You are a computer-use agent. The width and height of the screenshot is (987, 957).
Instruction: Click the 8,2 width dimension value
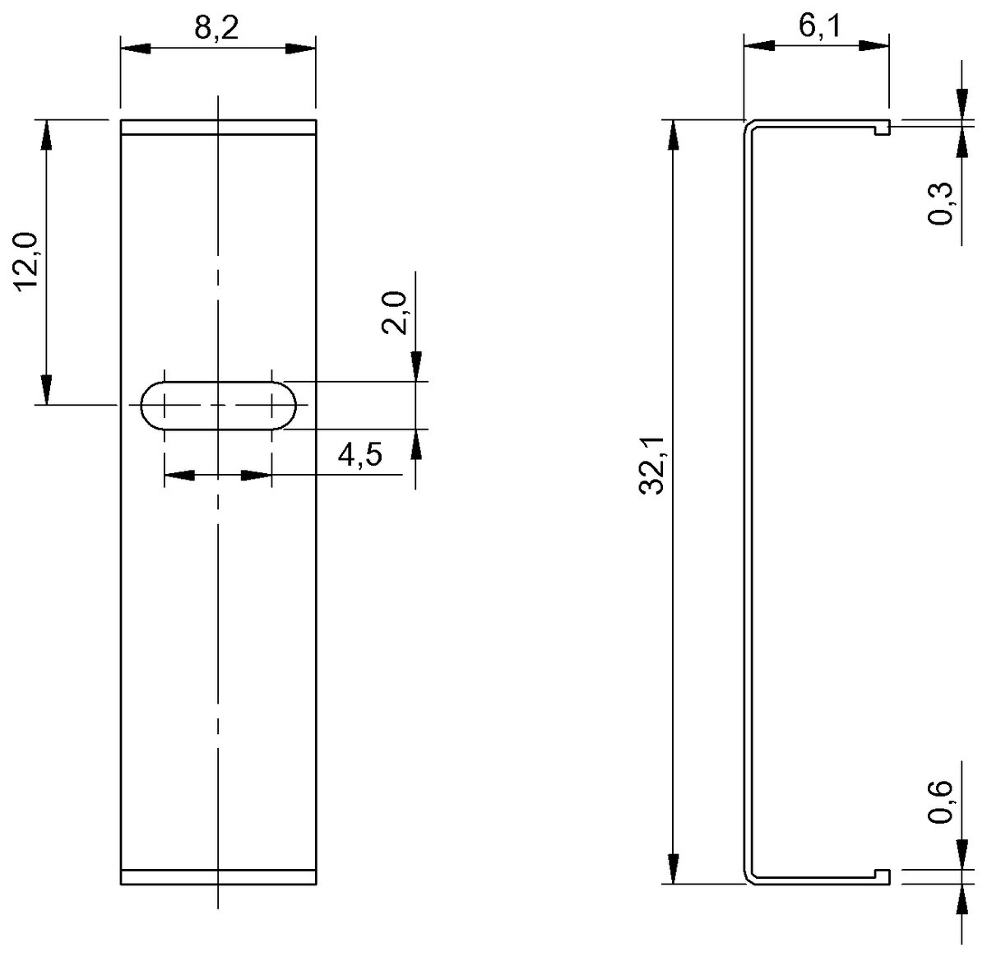216,29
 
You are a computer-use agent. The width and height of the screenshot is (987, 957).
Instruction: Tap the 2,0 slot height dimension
395,312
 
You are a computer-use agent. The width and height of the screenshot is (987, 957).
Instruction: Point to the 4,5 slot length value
359,454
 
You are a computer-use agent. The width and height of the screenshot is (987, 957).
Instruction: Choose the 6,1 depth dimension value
819,27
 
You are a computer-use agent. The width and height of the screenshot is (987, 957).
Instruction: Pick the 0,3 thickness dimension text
941,202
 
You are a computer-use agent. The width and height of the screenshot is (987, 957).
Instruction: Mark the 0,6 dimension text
941,801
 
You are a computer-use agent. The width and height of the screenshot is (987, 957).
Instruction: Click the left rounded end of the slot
153,405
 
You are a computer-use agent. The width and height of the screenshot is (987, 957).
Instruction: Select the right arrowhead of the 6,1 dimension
873,46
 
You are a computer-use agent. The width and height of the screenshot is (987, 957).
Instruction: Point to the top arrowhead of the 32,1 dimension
674,135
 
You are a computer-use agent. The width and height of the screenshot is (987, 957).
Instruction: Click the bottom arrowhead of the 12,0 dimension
47,389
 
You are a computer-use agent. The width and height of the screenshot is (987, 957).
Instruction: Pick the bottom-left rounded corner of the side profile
749,878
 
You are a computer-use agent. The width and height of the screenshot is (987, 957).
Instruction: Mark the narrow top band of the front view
218,128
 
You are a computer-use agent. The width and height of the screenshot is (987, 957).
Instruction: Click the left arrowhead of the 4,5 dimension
180,475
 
